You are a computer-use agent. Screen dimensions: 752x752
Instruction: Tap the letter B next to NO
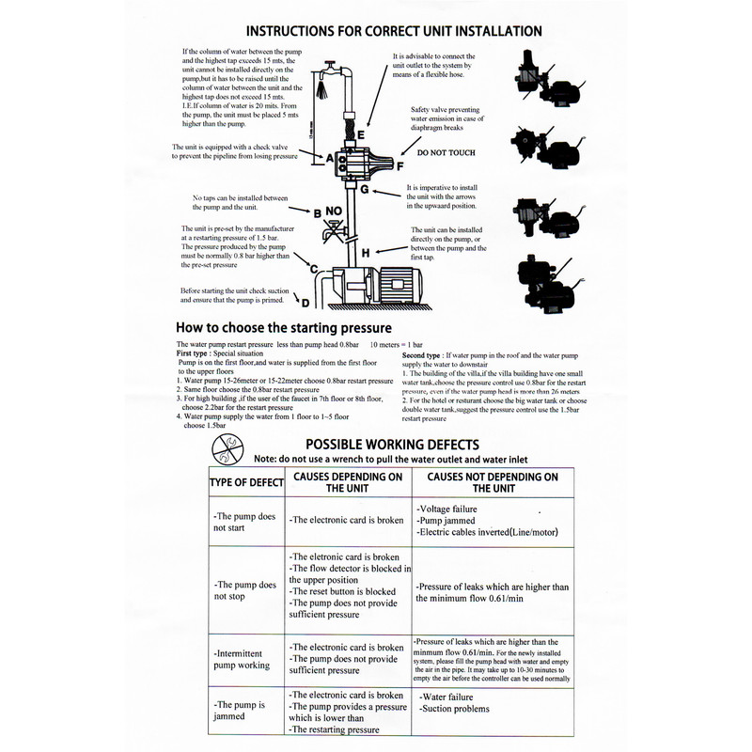pyautogui.click(x=318, y=213)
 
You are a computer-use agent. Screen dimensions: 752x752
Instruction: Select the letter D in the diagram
pyautogui.click(x=305, y=303)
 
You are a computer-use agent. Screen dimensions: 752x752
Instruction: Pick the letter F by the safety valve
pyautogui.click(x=399, y=166)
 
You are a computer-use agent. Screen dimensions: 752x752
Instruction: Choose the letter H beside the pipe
pyautogui.click(x=366, y=252)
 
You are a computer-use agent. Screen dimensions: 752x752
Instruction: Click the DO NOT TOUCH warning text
pyautogui.click(x=446, y=152)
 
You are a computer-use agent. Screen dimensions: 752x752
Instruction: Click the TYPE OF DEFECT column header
pyautogui.click(x=244, y=483)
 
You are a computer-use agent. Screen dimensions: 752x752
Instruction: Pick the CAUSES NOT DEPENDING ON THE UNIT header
pyautogui.click(x=493, y=483)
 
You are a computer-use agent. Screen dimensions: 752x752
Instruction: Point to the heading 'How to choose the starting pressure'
pyautogui.click(x=284, y=328)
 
